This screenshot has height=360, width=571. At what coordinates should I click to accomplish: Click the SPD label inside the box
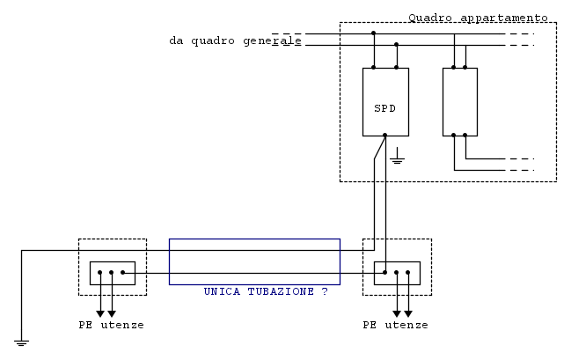click(x=384, y=108)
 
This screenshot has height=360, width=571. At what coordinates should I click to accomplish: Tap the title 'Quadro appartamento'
click(x=478, y=18)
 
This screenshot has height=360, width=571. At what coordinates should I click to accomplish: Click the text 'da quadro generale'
click(x=235, y=40)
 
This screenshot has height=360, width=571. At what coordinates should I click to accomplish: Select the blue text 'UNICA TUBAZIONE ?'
click(x=266, y=291)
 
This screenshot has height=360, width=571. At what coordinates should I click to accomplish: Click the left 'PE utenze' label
click(x=111, y=325)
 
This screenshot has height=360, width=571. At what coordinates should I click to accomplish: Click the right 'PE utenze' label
click(x=395, y=325)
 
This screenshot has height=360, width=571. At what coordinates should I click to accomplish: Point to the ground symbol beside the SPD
click(x=397, y=156)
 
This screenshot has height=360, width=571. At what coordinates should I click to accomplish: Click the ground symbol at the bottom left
click(x=21, y=342)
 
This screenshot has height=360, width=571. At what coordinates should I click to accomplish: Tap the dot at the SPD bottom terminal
click(x=384, y=136)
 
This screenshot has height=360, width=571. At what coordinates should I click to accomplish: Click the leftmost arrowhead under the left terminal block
click(x=100, y=313)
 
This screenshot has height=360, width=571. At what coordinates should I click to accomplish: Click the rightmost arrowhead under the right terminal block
click(x=408, y=313)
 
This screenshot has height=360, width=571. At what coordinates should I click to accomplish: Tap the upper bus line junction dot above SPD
click(x=374, y=33)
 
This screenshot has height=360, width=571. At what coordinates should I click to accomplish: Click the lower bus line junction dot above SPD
click(x=397, y=45)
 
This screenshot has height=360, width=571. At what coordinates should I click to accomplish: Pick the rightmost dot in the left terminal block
click(x=122, y=272)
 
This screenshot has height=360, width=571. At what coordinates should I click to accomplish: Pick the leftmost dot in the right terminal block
click(x=384, y=272)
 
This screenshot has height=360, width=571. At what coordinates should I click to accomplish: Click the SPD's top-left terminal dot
click(x=374, y=68)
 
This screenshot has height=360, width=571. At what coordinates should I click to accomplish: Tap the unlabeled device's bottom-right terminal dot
click(x=465, y=136)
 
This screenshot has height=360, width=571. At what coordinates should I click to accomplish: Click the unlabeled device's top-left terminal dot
click(x=454, y=68)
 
